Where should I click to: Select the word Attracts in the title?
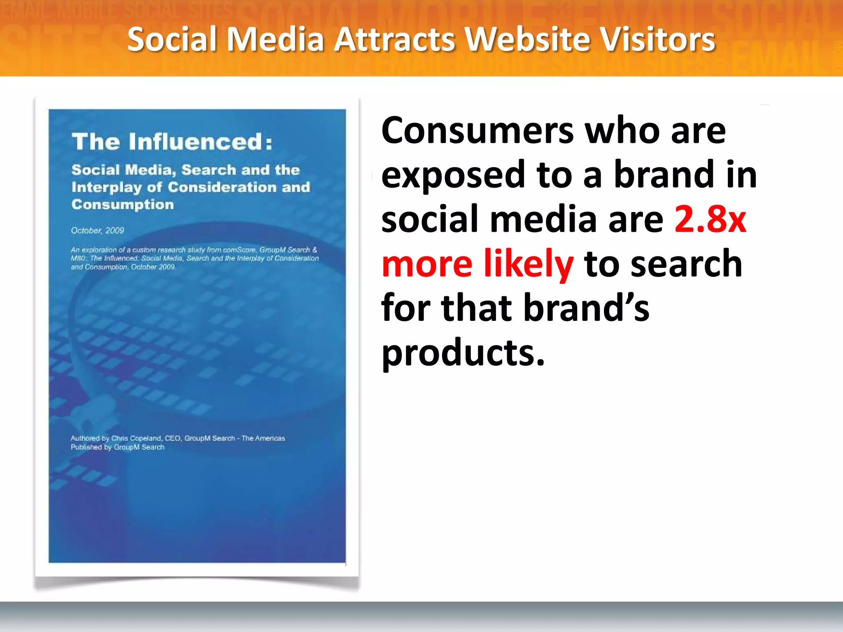pos(394,39)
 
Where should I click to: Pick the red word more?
pos(427,263)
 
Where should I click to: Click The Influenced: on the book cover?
pos(172,142)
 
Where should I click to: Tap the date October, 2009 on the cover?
pos(98,230)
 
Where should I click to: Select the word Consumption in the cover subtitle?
pos(123,204)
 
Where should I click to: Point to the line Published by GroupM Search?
pos(117,447)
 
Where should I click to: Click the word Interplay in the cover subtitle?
pos(107,187)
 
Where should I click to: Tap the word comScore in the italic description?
pos(239,250)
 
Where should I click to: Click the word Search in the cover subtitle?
pos(208,170)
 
